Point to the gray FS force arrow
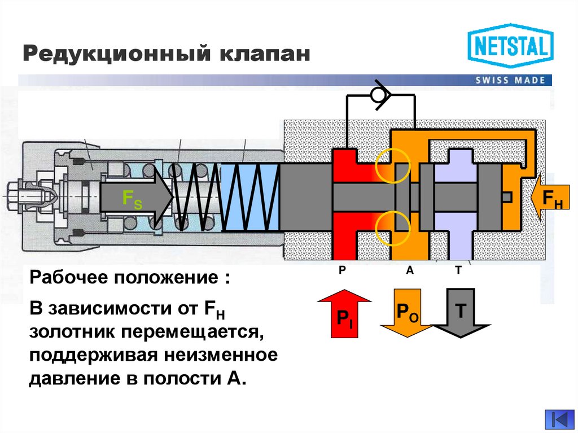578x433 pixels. click(x=135, y=198)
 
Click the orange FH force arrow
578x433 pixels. click(x=551, y=198)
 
